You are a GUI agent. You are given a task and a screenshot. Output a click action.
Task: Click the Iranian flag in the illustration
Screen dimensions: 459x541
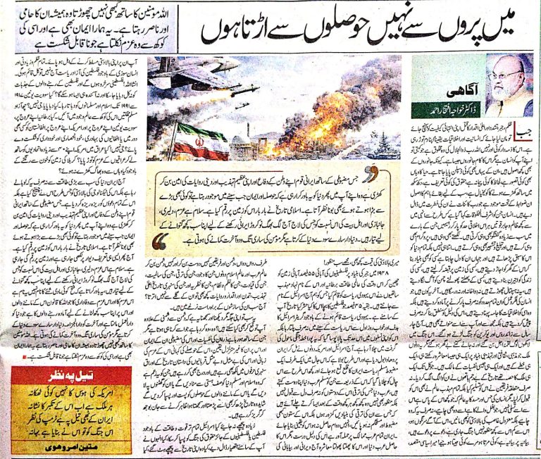200,141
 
